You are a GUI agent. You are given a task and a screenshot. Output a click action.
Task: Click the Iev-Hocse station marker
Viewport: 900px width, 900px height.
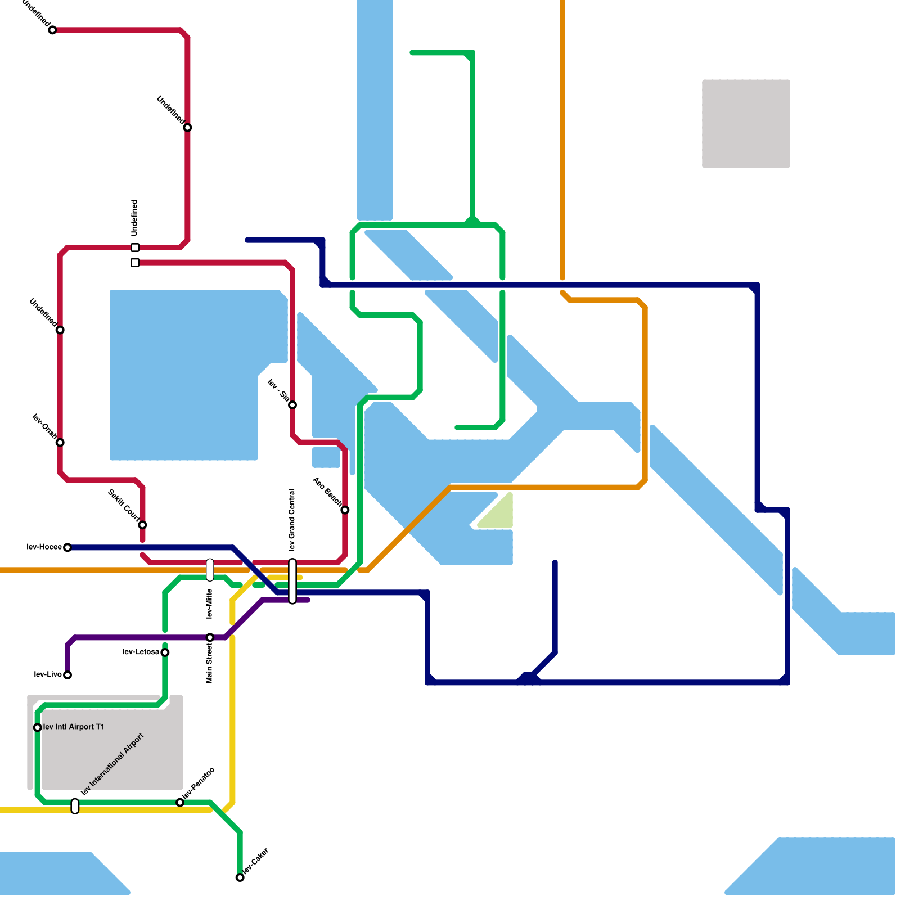click(x=67, y=547)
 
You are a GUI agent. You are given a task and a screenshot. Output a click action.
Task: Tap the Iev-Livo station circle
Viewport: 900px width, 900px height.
click(x=67, y=675)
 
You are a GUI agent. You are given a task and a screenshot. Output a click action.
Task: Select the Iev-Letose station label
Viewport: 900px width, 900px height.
click(x=141, y=652)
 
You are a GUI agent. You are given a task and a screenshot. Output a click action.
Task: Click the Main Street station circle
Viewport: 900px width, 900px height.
click(x=210, y=637)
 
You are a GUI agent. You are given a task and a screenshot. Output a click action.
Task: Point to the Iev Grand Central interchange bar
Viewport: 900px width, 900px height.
click(x=292, y=581)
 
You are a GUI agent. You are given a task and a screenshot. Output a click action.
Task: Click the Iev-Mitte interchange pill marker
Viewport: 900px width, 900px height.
click(x=210, y=570)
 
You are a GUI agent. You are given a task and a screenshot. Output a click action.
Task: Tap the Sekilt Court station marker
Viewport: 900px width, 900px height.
click(x=142, y=525)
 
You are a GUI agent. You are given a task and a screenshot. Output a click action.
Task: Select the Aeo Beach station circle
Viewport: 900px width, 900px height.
click(x=345, y=510)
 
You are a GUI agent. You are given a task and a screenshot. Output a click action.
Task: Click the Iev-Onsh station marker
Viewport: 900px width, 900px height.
click(x=60, y=443)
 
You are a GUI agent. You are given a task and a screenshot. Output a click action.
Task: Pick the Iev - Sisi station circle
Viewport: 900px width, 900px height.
click(x=292, y=405)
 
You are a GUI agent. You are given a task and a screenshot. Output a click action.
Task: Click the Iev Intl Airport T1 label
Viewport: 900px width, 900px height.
click(x=74, y=727)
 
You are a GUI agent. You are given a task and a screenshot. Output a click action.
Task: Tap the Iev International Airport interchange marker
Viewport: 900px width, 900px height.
click(x=75, y=806)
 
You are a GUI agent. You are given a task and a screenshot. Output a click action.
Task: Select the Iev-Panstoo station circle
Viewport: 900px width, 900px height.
click(x=180, y=803)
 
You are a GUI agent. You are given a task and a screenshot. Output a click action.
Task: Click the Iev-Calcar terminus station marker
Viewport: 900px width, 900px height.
click(x=240, y=877)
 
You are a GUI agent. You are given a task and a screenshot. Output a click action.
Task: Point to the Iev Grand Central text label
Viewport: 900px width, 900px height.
click(x=292, y=520)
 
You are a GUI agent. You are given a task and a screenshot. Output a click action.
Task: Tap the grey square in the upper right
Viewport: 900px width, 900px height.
click(x=746, y=124)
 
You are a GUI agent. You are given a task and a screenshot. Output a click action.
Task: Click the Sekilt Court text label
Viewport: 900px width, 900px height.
click(x=123, y=505)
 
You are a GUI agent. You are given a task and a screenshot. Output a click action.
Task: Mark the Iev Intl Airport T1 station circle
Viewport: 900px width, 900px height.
click(x=38, y=727)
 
